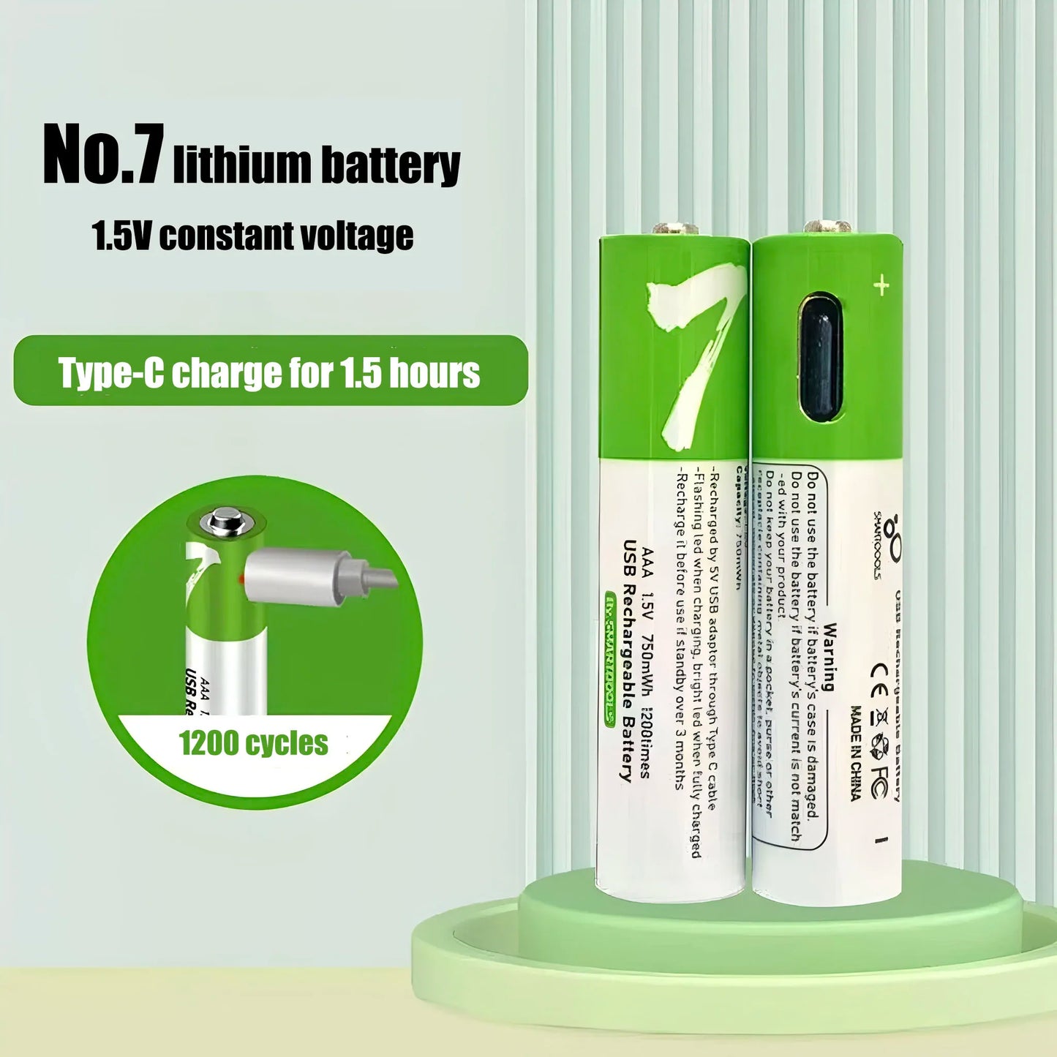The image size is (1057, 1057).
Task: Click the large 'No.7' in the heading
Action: [102, 155]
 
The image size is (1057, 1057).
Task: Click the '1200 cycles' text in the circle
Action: [254, 743]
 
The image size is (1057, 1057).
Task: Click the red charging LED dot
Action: [240, 579]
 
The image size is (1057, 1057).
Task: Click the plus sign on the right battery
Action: [881, 285]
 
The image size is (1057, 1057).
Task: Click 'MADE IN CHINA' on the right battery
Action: [855, 753]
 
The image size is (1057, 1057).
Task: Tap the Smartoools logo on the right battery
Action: [889, 545]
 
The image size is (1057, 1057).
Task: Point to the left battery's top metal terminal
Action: [674, 228]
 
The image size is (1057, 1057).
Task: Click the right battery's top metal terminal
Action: [827, 227]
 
